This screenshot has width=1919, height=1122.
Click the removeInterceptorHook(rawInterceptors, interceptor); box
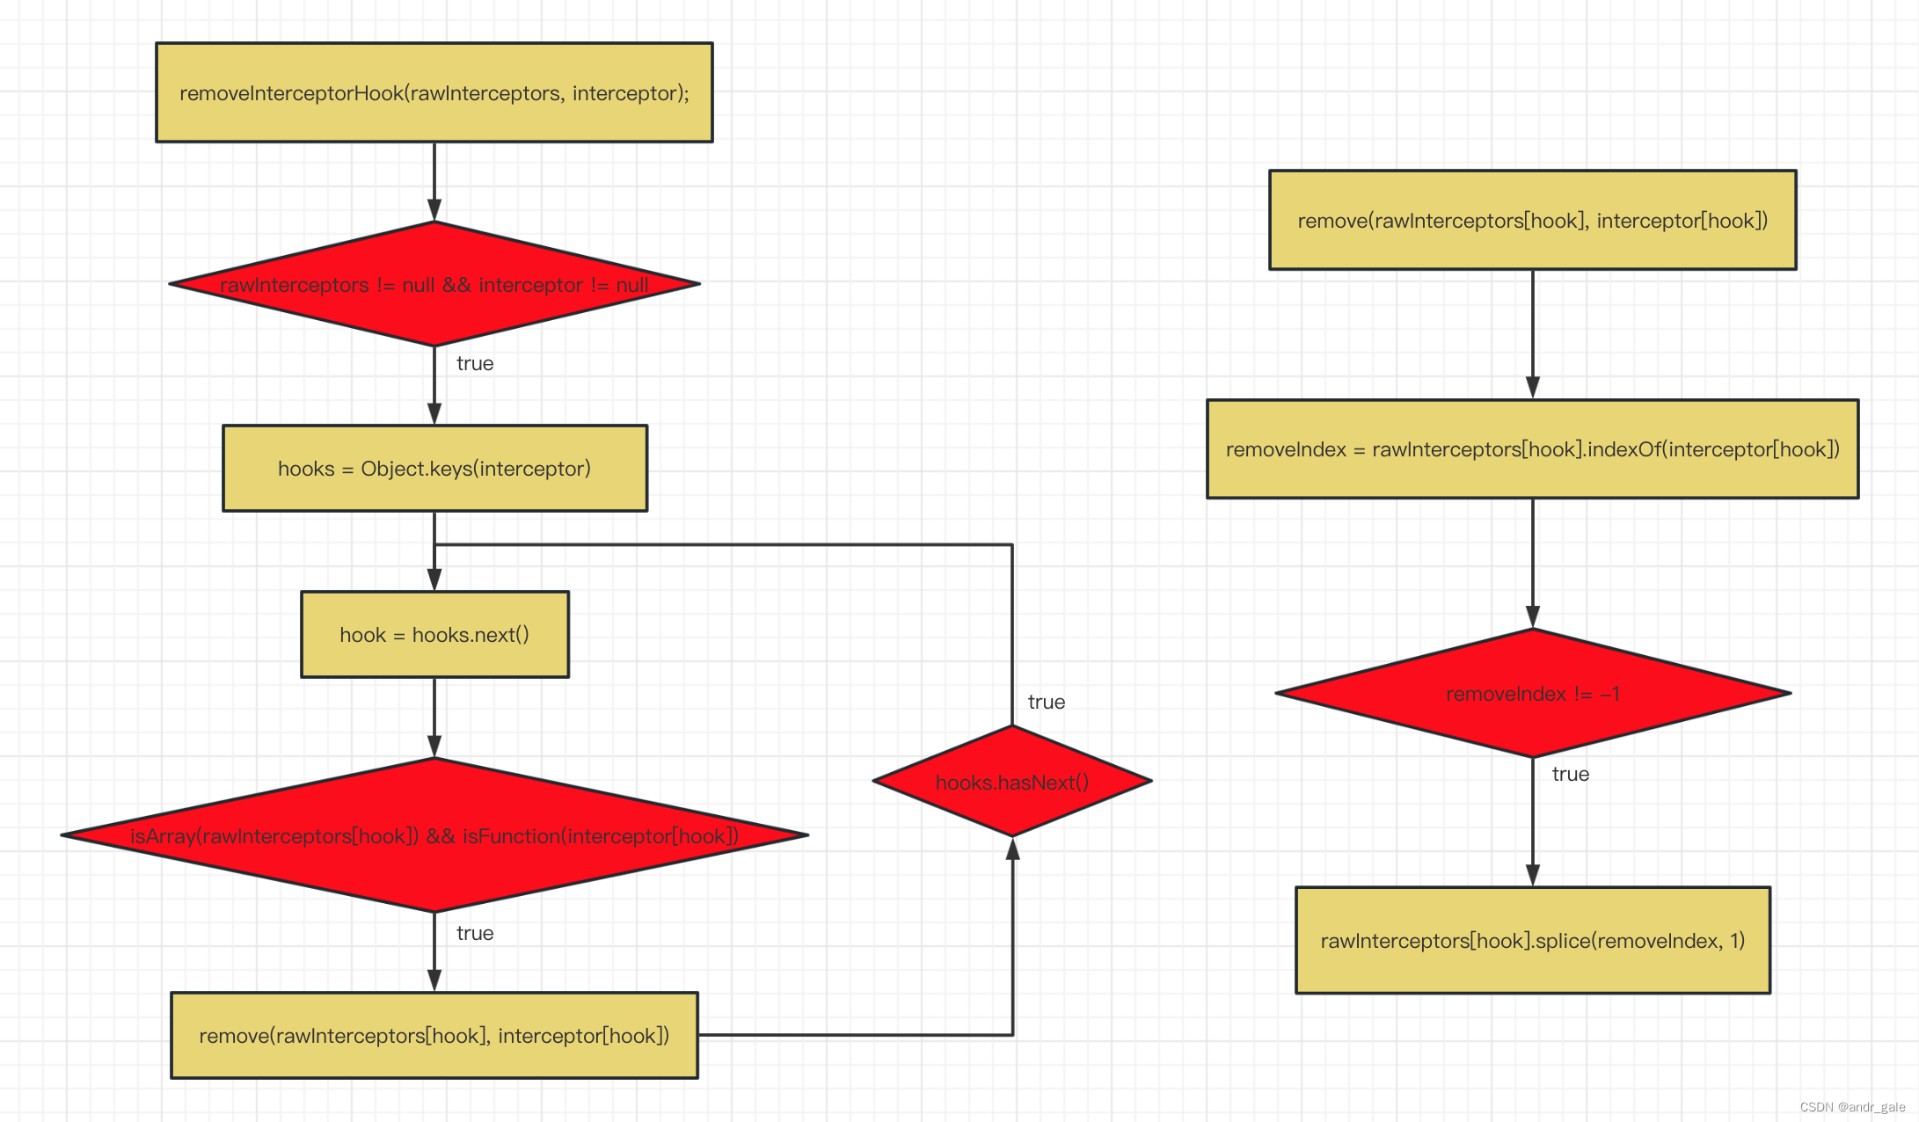pos(434,92)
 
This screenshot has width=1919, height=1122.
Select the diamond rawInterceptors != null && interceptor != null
pos(434,284)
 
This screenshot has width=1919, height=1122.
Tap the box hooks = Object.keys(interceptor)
pos(434,469)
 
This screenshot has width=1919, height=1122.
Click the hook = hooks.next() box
pos(434,635)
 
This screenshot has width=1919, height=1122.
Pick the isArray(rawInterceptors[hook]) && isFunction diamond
pos(434,835)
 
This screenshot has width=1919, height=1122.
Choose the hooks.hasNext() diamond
pos(1012,782)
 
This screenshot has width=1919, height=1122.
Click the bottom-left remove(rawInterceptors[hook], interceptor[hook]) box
pos(434,1036)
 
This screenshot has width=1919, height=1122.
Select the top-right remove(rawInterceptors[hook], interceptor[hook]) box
pos(1532,220)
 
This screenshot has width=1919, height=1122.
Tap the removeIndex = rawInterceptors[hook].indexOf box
pos(1532,449)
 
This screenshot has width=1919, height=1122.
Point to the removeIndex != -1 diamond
pos(1532,694)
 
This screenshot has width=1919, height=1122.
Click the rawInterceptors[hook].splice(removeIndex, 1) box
pos(1532,941)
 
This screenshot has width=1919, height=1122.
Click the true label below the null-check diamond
pos(475,364)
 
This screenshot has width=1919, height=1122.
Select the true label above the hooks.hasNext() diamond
pos(1047,703)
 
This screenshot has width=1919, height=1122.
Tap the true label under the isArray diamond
pos(475,934)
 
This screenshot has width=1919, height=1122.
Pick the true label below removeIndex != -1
pos(1571,775)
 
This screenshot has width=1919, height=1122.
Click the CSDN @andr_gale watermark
pos(1852,1107)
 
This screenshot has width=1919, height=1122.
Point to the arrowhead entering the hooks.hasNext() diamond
pos(1012,848)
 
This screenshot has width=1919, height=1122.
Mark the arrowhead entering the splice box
pos(1533,876)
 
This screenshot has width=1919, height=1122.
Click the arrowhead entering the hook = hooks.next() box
pos(434,579)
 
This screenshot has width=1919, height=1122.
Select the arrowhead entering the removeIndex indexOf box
pos(1533,388)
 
